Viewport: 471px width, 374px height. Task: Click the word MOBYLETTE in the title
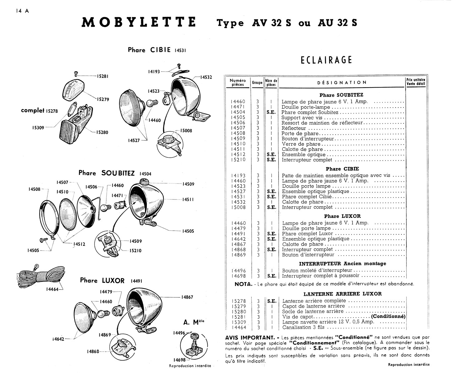click(x=139, y=22)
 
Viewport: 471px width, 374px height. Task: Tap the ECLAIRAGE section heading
click(x=326, y=60)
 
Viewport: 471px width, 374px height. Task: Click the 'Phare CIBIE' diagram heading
click(x=149, y=50)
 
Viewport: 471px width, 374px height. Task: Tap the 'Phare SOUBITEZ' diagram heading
click(x=107, y=173)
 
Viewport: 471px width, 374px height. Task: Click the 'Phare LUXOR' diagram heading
click(x=102, y=280)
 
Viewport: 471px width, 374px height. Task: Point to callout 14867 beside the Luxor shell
click(x=187, y=297)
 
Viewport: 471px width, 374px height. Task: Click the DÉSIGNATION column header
click(x=342, y=83)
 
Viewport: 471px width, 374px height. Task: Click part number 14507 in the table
click(x=238, y=128)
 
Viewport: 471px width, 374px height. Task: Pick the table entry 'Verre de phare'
click(x=301, y=144)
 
